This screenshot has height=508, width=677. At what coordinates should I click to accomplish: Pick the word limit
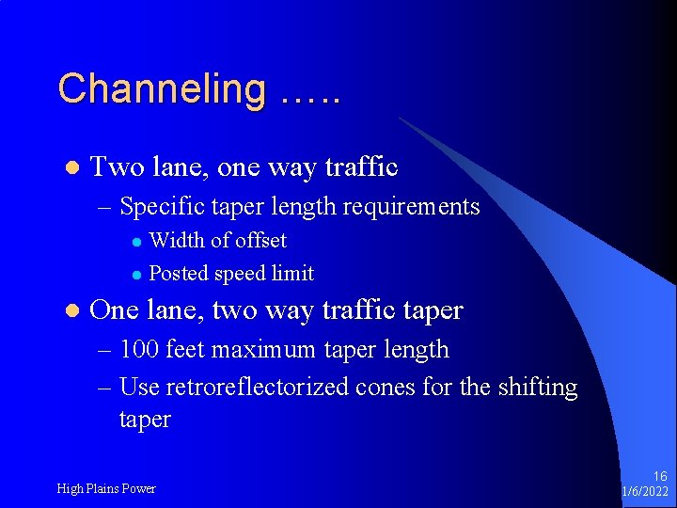point(292,274)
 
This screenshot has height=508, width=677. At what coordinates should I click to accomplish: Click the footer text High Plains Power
point(106,488)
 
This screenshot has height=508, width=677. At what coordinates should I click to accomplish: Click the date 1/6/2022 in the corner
point(646,493)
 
